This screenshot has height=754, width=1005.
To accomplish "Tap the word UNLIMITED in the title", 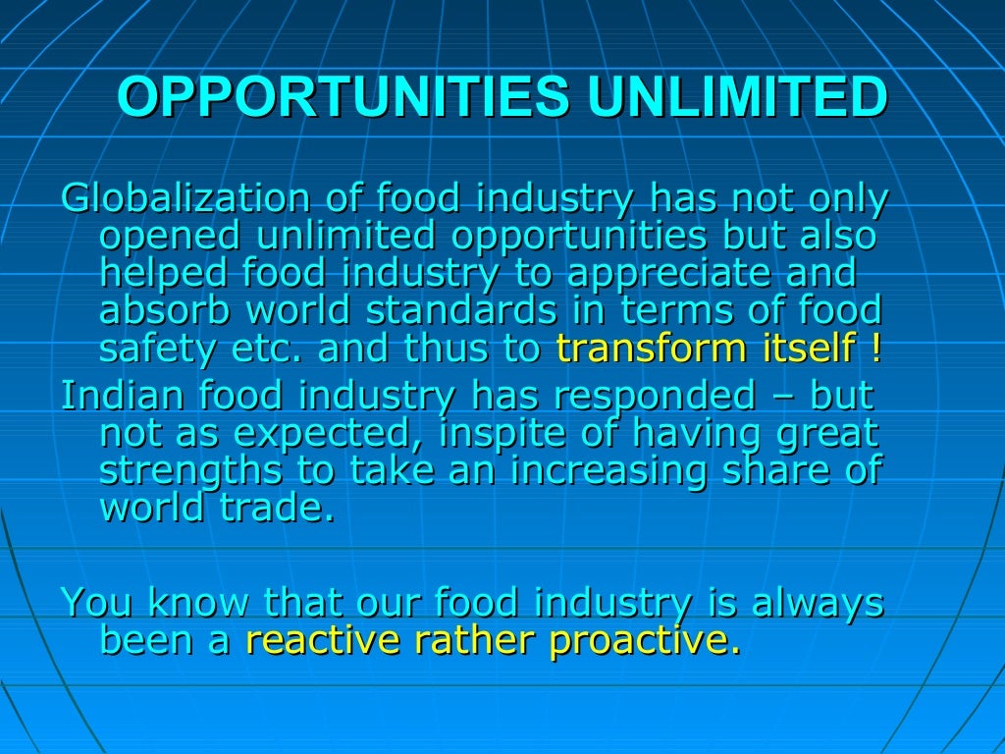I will click(738, 97).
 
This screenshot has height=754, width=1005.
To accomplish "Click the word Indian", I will click(123, 396).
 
